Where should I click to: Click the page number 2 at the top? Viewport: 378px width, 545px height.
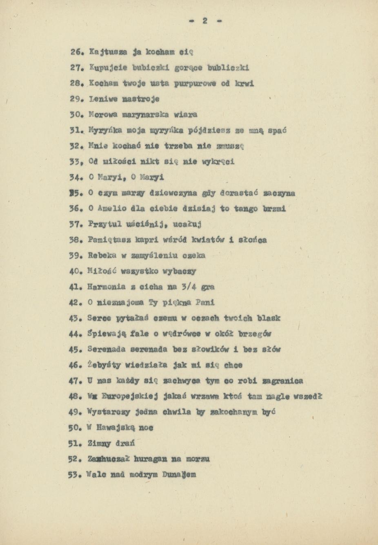click(x=205, y=21)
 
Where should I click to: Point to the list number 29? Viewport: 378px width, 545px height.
click(x=76, y=99)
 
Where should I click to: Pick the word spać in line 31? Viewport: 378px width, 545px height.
click(x=278, y=130)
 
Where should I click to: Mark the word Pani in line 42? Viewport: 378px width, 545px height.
click(x=205, y=303)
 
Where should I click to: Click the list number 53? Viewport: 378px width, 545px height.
click(x=76, y=475)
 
